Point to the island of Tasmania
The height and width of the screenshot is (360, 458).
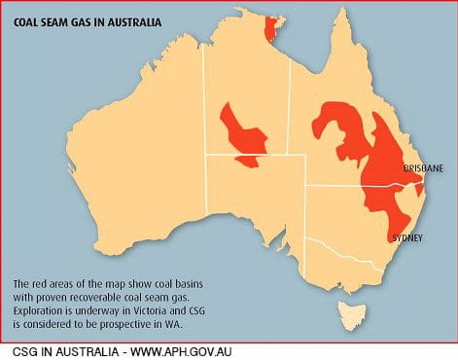coord(348,314)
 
